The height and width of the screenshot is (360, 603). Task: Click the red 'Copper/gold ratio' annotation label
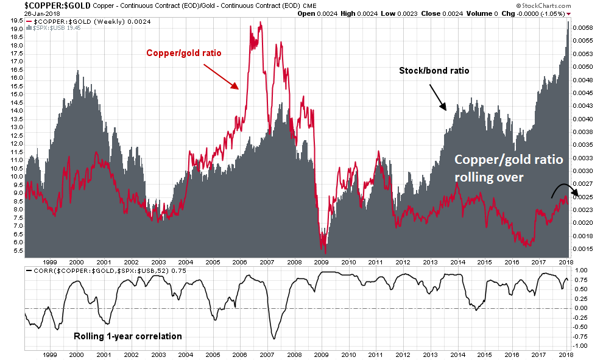(x=183, y=53)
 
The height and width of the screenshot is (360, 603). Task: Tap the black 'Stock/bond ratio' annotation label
(x=434, y=71)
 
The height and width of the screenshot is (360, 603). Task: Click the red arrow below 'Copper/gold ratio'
(x=221, y=76)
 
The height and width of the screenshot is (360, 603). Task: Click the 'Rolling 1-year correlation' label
(x=127, y=336)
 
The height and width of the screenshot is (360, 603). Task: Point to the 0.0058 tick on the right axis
(x=584, y=28)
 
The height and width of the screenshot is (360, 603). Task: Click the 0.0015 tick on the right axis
(x=584, y=249)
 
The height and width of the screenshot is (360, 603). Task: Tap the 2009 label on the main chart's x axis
(x=322, y=261)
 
